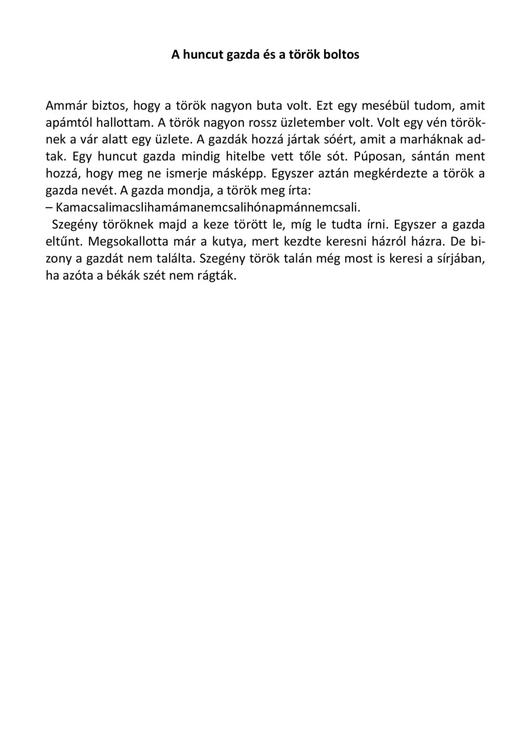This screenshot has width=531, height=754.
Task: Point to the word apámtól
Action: click(68, 123)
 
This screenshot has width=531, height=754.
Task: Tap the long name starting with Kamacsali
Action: click(208, 208)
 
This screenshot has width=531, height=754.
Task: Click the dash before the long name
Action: click(49, 208)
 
